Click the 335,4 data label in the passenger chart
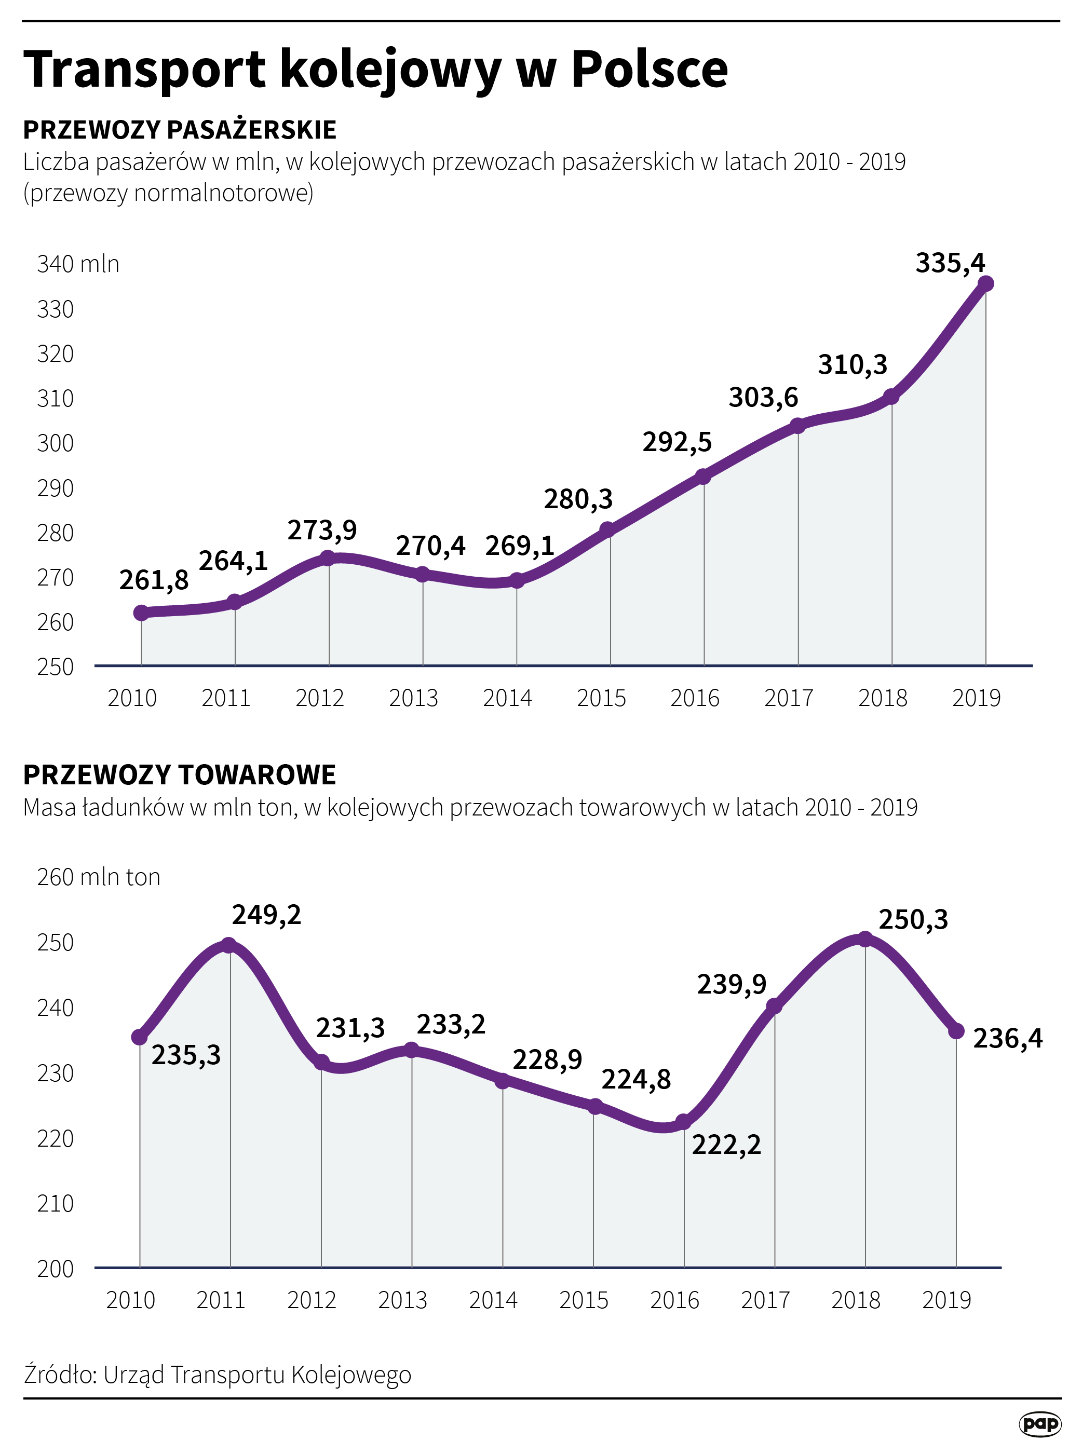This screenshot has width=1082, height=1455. point(949,263)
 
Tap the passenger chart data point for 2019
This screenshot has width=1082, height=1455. point(985,284)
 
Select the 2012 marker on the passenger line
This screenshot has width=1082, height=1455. point(328,558)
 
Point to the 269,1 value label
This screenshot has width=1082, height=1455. point(519,546)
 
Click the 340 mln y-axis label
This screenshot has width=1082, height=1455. point(78,264)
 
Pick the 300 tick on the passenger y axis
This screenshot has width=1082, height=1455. point(55,443)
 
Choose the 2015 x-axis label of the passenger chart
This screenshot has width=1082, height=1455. point(601,698)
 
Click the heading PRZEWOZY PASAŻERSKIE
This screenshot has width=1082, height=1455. point(180,130)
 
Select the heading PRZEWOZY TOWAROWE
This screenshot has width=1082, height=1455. point(180,774)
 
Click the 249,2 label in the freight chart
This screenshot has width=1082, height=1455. point(266,915)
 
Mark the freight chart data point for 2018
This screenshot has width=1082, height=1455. point(864,940)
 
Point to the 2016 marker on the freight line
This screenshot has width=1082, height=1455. point(683,1122)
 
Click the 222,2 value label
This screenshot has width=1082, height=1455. point(726,1145)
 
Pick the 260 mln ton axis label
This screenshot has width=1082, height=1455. point(98,877)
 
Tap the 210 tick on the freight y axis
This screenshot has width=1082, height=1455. point(55,1204)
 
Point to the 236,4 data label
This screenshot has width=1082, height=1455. point(1007,1039)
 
